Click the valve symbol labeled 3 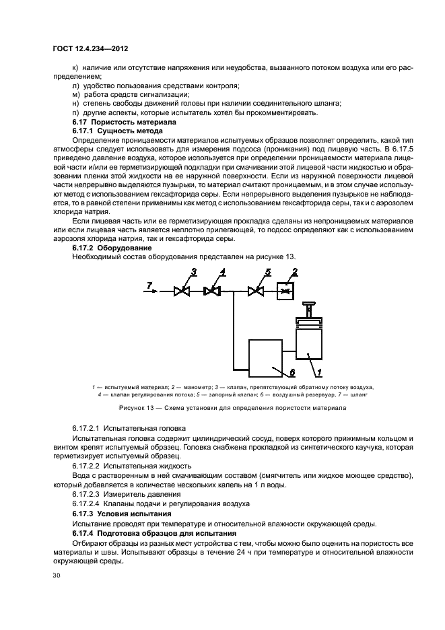click(x=181, y=291)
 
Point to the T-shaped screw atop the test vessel click(x=310, y=309)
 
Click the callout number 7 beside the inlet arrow click(x=150, y=285)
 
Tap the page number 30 click(x=56, y=575)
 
